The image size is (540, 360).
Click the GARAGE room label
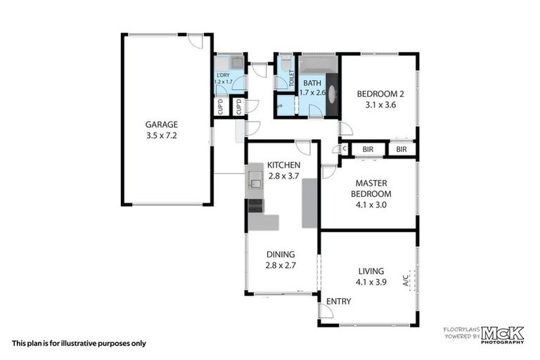[161, 124]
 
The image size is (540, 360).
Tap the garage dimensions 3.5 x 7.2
[161, 135]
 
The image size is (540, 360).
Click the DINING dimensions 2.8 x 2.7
[281, 266]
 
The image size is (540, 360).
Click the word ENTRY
[338, 302]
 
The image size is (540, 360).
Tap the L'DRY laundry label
[222, 75]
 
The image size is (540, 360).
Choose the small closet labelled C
[345, 149]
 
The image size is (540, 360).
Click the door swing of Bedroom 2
[345, 129]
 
